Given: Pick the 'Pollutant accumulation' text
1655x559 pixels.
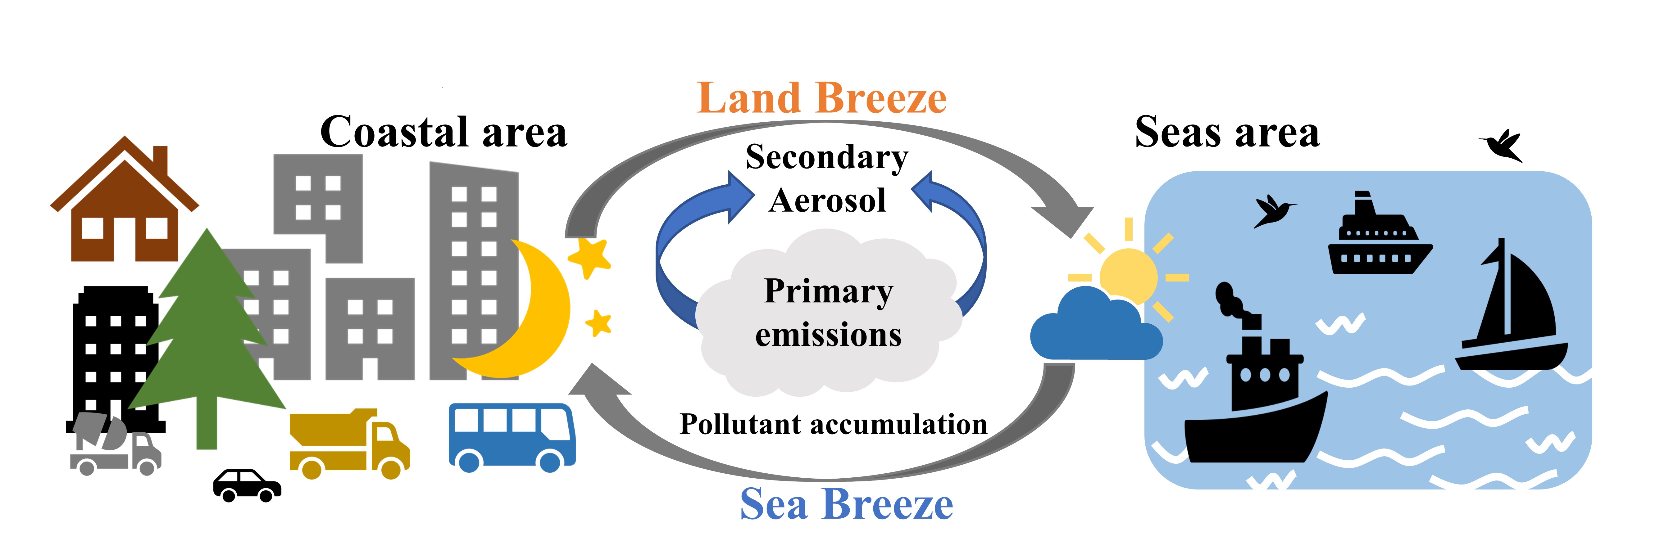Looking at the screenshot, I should click(833, 424).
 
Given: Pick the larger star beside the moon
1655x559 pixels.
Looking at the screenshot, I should click(589, 257).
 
